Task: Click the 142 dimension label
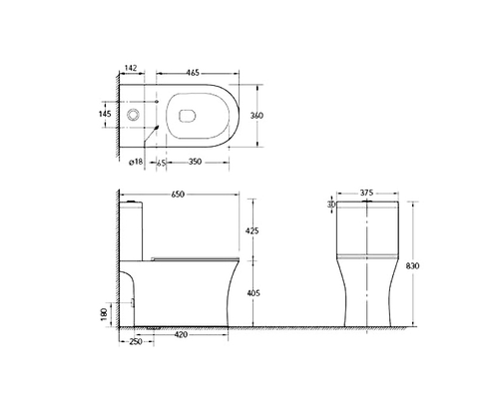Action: tap(131, 68)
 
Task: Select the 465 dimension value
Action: tap(193, 73)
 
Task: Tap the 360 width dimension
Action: tap(256, 116)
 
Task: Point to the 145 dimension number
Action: tap(105, 114)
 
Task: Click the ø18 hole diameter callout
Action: tap(136, 162)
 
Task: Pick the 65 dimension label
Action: tap(161, 163)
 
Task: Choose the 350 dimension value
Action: tap(195, 162)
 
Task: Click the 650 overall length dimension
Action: tap(178, 195)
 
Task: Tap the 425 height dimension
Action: tap(251, 230)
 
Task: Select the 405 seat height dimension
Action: tap(253, 293)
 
